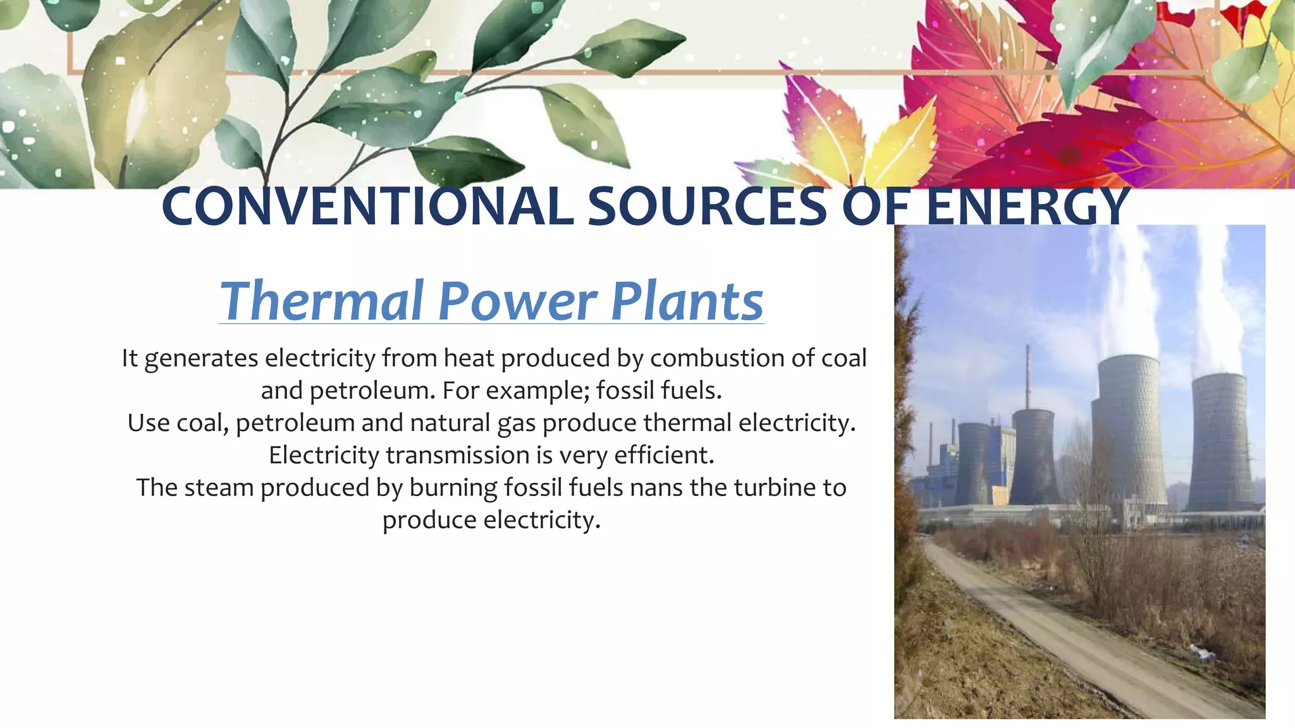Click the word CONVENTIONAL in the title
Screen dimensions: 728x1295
pyautogui.click(x=367, y=207)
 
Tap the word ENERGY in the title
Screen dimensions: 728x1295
pyautogui.click(x=1028, y=207)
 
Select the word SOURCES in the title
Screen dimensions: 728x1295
pyautogui.click(x=707, y=207)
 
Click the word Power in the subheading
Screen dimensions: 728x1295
pyautogui.click(x=517, y=301)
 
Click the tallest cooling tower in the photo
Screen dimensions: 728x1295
pyautogui.click(x=1131, y=430)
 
